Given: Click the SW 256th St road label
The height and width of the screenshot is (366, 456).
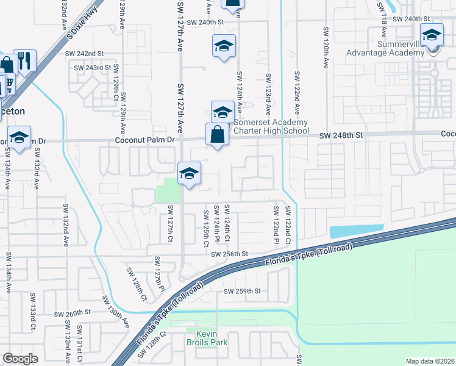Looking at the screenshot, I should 229,254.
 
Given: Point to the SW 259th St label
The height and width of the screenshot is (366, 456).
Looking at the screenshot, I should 243,291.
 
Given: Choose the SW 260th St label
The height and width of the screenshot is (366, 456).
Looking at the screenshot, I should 72,314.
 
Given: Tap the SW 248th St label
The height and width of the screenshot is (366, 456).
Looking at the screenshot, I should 341,134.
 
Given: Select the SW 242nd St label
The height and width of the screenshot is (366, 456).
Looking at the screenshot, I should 85,54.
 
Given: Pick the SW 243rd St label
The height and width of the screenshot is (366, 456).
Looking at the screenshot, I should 93,68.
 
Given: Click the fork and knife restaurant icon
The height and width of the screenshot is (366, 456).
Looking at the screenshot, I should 24,60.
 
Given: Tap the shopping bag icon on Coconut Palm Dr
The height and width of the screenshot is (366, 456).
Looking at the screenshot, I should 218,134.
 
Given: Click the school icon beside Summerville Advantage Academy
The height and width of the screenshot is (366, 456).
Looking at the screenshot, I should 432,37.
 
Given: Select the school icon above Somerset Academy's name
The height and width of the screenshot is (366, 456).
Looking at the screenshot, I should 223,112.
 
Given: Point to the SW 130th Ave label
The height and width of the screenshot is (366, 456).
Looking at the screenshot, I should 116,310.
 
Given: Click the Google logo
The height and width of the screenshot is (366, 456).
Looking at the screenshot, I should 20,359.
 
